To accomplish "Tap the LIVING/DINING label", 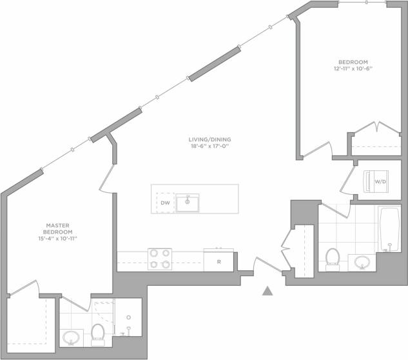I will (x=209, y=139).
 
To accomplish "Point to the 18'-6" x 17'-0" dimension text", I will (x=209, y=146).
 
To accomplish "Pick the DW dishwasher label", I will (x=165, y=203).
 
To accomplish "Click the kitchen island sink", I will (x=187, y=203).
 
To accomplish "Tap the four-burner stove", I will (x=160, y=259).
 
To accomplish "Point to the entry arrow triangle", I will (x=267, y=291).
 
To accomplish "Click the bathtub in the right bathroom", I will (x=389, y=228).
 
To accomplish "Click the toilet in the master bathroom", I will (x=98, y=333).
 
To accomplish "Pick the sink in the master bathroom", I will (x=72, y=337).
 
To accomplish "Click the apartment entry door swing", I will (x=264, y=264).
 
